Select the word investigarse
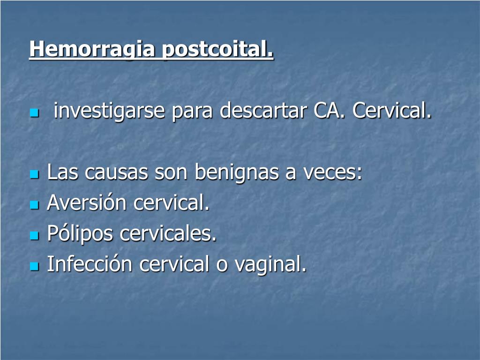(109, 112)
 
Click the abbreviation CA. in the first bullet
(330, 111)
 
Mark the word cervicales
(168, 233)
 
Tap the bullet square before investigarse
(34, 113)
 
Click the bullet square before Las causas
(34, 174)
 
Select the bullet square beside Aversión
(34, 205)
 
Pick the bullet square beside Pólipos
(34, 235)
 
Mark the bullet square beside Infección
(34, 266)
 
